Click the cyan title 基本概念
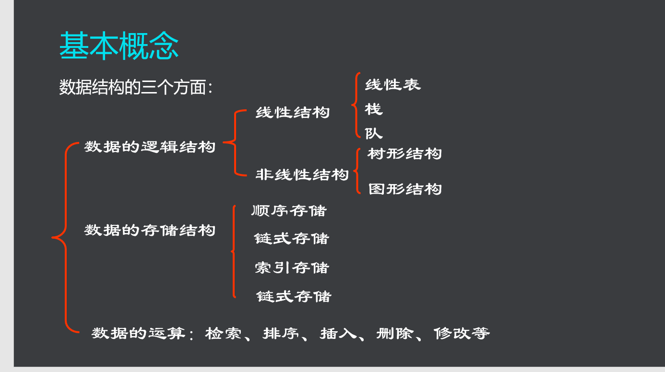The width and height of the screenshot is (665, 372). tap(119, 46)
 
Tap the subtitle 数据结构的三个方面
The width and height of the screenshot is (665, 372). tap(132, 87)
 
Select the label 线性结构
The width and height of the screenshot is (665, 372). tap(293, 113)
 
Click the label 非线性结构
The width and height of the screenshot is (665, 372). tap(302, 174)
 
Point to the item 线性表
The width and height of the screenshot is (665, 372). tap(393, 85)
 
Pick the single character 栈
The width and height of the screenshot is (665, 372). tap(374, 109)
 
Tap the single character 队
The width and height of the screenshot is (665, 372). tap(374, 133)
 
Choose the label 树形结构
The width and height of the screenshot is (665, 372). tap(404, 154)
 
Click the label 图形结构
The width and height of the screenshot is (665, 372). tap(405, 189)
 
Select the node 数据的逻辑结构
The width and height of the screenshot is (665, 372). tap(150, 147)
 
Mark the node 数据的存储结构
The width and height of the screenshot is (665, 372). tap(150, 230)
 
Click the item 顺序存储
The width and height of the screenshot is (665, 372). tap(289, 210)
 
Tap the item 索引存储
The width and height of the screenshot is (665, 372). tap(292, 268)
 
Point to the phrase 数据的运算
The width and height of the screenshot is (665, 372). tap(139, 333)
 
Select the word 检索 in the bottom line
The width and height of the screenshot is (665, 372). tap(223, 333)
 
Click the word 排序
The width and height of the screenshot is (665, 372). tap(281, 333)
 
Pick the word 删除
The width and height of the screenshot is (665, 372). tap(395, 333)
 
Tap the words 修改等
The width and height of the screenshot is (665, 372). tap(462, 333)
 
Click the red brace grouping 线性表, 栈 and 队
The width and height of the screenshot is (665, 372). tap(356, 105)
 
